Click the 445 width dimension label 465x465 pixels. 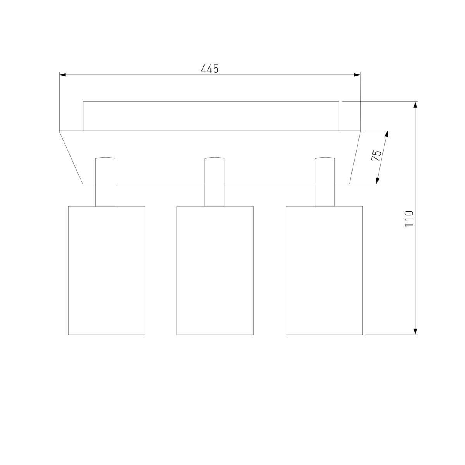210,69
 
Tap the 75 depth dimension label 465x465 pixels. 376,156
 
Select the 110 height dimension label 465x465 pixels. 409,218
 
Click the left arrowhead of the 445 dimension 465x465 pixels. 63,75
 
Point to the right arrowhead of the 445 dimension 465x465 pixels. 357,75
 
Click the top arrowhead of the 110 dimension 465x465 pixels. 415,105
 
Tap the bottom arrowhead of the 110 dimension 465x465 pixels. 415,331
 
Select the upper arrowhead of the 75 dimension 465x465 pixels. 387,134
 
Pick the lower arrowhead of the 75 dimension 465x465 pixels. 377,181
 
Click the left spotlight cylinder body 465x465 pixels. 107,270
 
